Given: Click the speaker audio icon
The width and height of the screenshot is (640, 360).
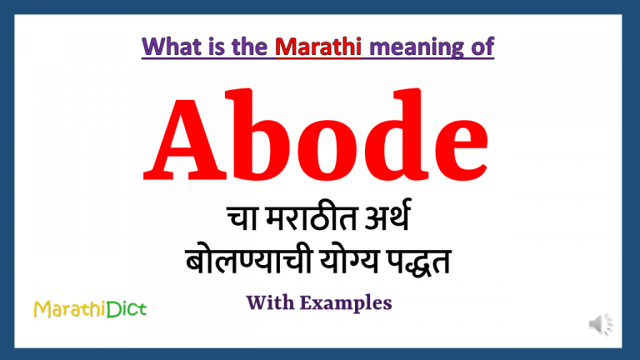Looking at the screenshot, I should [600, 324].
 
